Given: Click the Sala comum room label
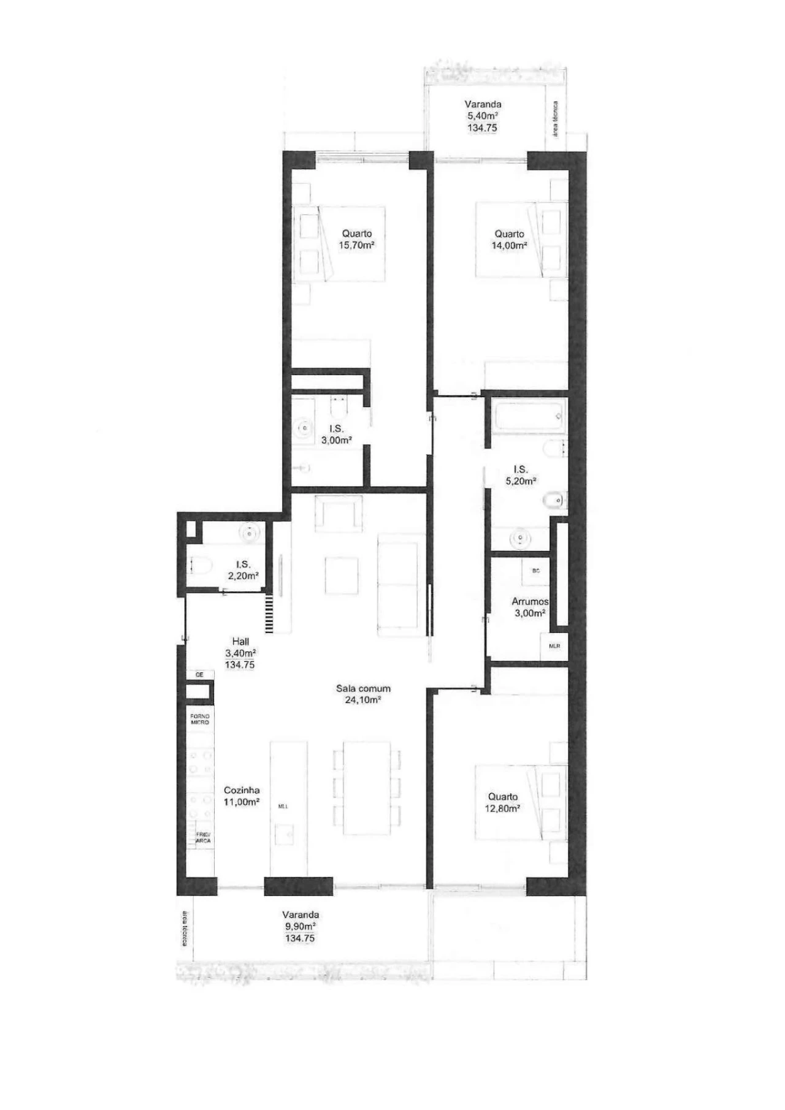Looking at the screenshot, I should (363, 688).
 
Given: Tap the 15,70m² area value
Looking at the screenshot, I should (356, 245).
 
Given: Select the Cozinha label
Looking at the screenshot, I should (242, 790).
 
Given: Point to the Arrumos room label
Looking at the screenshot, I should (530, 601).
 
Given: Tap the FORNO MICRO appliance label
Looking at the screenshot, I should (200, 719).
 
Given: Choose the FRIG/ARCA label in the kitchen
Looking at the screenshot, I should (202, 837).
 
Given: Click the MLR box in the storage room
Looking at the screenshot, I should (554, 646).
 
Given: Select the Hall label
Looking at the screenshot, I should (240, 641).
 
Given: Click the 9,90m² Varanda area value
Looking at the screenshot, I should (301, 926).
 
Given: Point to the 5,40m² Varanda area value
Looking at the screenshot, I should (483, 116).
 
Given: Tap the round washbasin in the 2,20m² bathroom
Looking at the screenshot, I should (250, 533).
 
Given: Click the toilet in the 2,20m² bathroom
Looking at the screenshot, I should (199, 563).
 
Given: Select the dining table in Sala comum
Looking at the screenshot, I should (367, 788).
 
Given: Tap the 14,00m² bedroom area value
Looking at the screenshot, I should (509, 245).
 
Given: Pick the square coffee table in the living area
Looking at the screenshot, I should (342, 574).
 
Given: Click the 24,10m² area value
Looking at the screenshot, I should (363, 700).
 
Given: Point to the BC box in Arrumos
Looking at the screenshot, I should (536, 571).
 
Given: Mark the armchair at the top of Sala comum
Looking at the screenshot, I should (339, 514).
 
